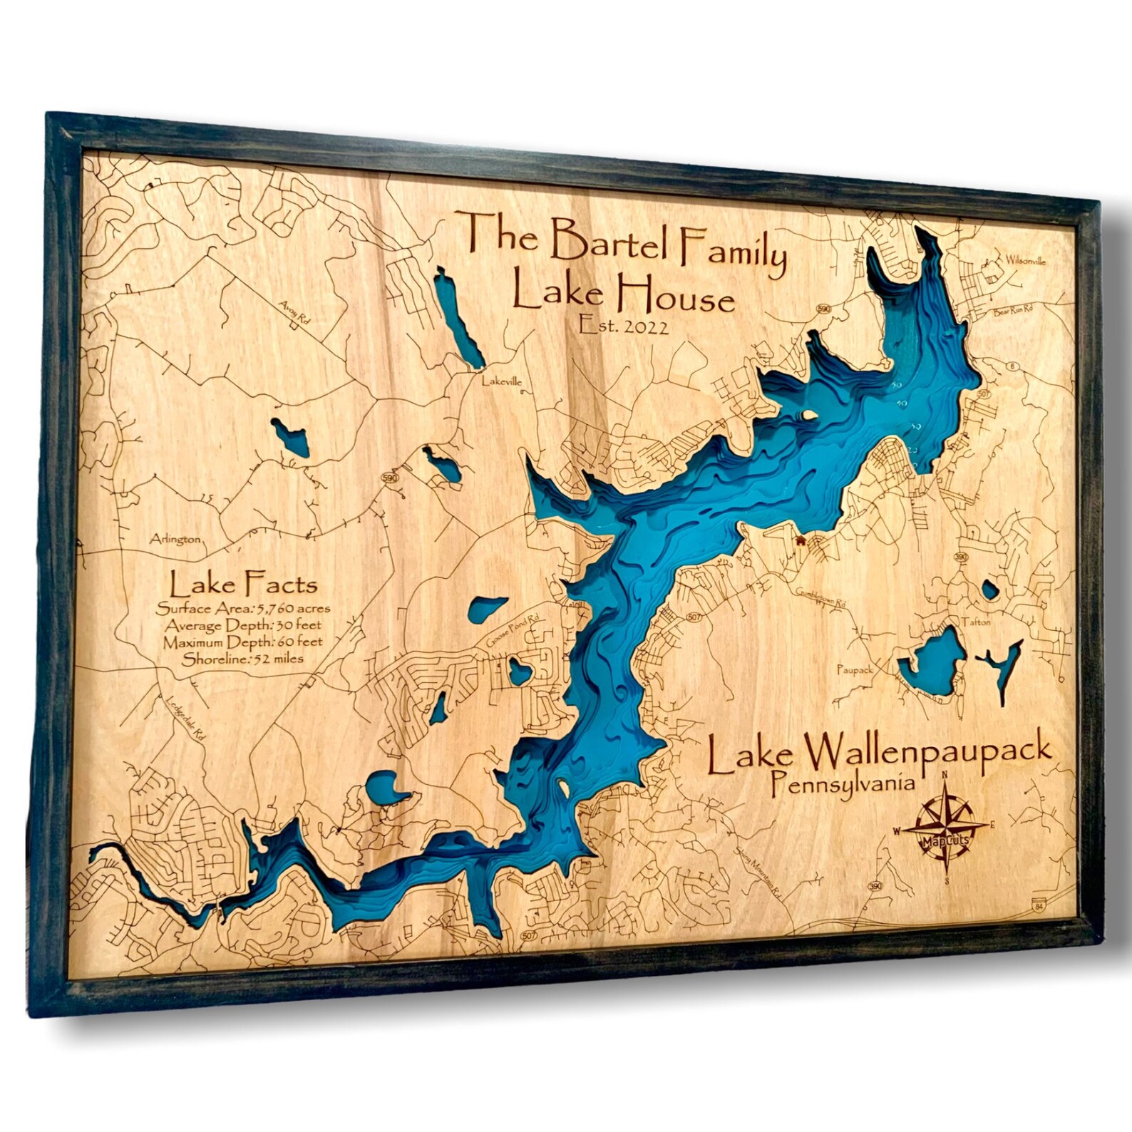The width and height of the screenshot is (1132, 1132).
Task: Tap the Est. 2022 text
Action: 624,326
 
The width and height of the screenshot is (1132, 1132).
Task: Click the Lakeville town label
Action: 502,381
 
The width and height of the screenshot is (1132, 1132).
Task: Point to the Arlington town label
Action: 175,540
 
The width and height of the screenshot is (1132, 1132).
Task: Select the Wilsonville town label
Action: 1026,261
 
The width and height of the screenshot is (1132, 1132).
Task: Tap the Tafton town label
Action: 976,622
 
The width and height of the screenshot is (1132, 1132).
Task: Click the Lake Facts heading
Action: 243,585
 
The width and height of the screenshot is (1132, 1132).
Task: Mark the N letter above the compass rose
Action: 945,776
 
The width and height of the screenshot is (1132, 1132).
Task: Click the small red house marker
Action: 801,541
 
